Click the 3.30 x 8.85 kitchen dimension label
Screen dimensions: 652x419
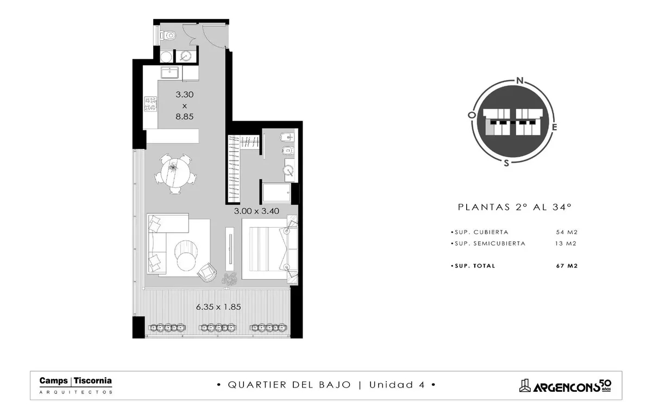click(185, 105)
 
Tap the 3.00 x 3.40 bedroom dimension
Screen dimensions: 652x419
click(256, 211)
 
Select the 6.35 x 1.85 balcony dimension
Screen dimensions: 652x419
click(218, 307)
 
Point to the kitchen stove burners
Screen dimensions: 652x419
click(151, 104)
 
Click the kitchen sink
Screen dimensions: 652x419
click(170, 72)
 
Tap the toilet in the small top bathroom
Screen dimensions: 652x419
click(168, 36)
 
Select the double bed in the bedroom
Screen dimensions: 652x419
click(269, 248)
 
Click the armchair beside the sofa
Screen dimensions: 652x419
click(207, 272)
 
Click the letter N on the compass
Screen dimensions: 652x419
click(520, 80)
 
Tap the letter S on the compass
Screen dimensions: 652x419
click(506, 163)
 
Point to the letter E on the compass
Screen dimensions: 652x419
click(554, 127)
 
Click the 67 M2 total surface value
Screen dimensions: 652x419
click(567, 266)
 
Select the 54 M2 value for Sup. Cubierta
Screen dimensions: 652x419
click(567, 232)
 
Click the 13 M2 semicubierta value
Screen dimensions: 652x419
click(566, 243)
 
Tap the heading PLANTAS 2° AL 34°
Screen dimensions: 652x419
click(515, 207)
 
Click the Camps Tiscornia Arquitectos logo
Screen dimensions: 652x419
click(76, 385)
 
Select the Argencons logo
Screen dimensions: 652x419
click(565, 386)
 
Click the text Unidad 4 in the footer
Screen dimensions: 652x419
click(397, 385)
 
